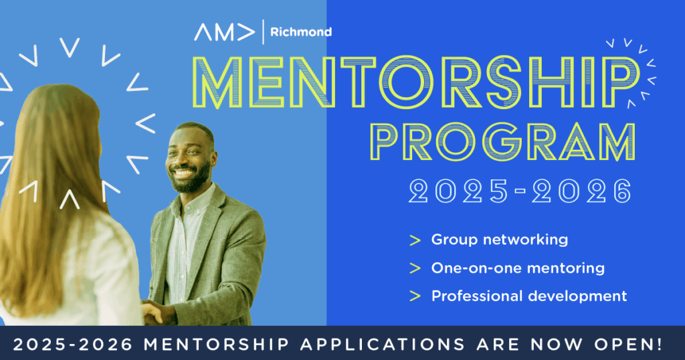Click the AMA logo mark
[x=225, y=32]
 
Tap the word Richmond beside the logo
[x=301, y=32]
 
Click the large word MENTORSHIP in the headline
[x=415, y=82]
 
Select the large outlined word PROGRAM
[x=503, y=142]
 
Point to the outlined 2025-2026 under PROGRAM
[x=520, y=191]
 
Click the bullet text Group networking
[x=499, y=240]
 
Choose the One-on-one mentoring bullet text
[x=518, y=268]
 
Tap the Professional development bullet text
[x=529, y=296]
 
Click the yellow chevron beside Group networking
[x=415, y=240]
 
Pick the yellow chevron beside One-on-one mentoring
[x=415, y=268]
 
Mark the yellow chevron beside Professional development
[x=415, y=296]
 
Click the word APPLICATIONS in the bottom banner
[x=382, y=344]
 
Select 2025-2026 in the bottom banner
[x=72, y=344]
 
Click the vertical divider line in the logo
[x=263, y=32]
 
